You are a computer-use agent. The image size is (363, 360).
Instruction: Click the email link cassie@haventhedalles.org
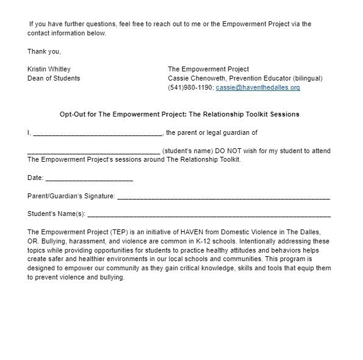point(258,87)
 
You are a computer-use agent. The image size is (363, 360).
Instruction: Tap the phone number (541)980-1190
point(190,87)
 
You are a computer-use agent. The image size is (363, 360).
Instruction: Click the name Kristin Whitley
point(49,69)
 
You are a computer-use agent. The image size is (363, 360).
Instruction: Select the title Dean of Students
point(54,78)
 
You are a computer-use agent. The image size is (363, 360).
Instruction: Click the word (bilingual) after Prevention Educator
point(307,78)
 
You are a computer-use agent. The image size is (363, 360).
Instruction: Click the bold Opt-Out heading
point(179,114)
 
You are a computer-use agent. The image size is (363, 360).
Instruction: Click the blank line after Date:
point(89,179)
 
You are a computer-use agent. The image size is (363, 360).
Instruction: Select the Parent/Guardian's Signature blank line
point(223,197)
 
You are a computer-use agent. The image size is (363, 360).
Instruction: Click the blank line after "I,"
point(98,133)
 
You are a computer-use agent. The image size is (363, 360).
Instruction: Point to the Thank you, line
point(44,51)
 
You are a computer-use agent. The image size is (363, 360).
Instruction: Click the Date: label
point(35,178)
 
